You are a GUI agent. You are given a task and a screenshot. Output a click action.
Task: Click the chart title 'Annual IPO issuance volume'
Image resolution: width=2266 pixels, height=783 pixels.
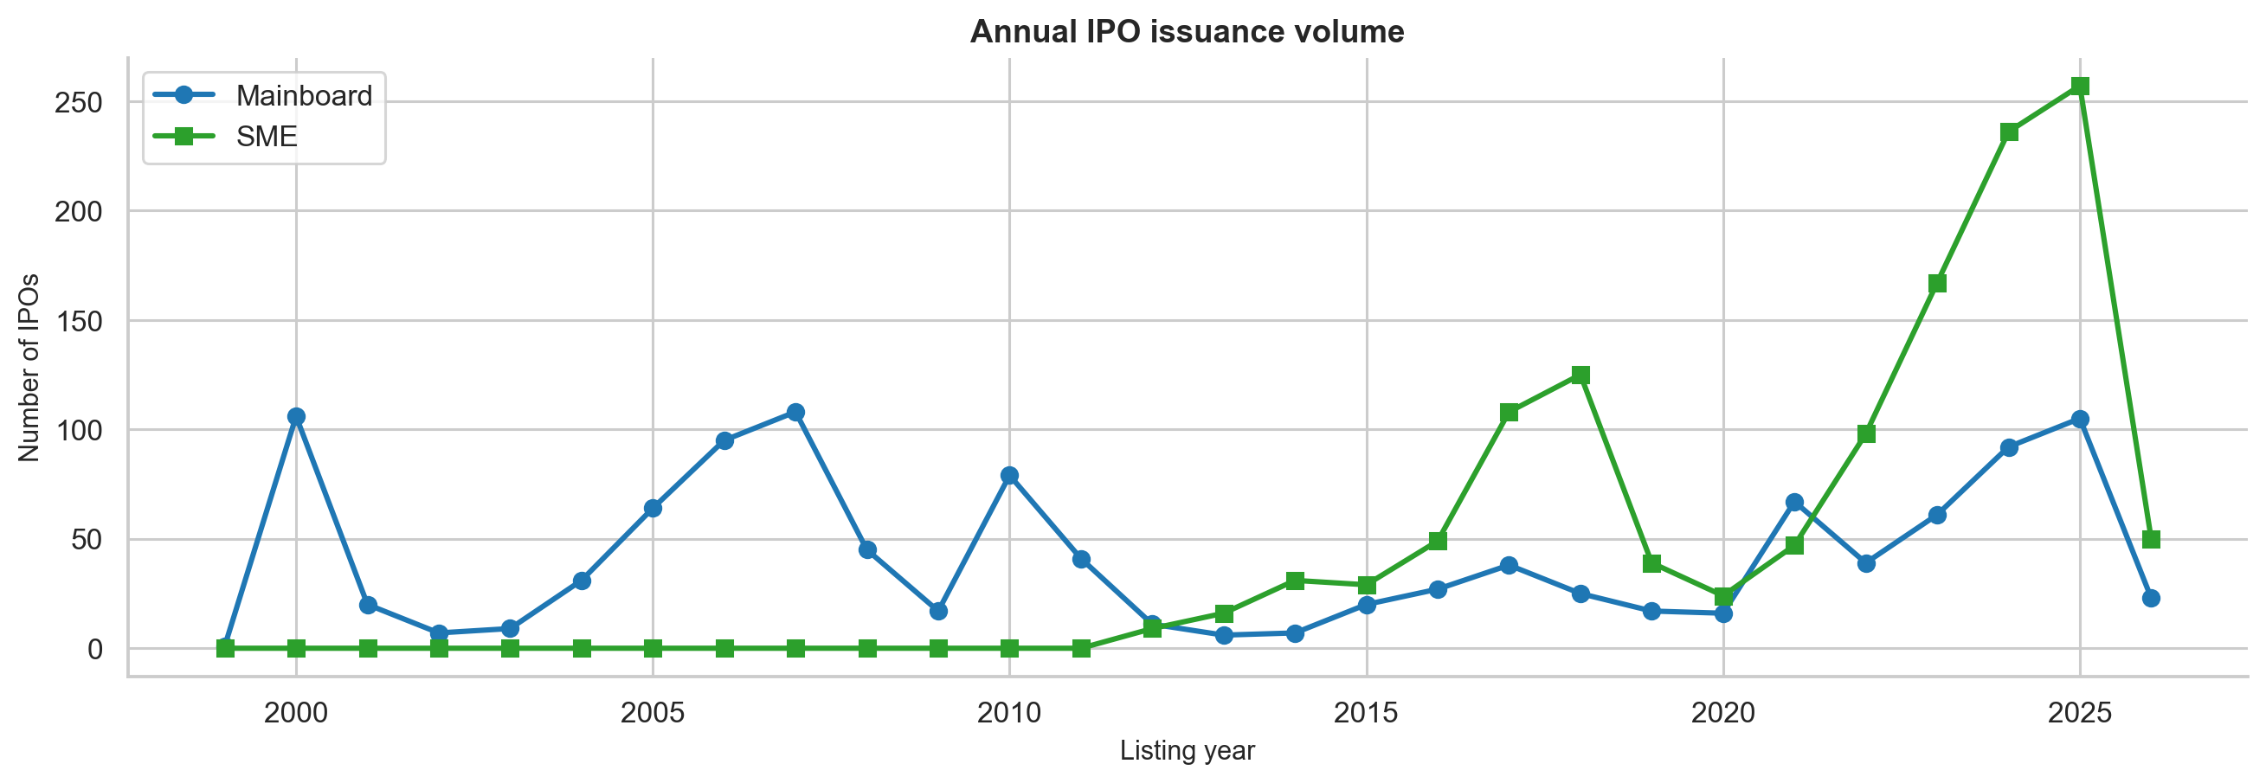[1187, 32]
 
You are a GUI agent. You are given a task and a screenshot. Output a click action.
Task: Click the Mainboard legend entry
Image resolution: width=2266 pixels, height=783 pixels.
[263, 95]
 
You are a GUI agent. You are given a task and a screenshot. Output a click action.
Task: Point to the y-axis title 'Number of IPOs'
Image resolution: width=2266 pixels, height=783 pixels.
[29, 368]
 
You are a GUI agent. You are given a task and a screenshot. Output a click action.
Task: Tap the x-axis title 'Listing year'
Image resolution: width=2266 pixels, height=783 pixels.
[1187, 750]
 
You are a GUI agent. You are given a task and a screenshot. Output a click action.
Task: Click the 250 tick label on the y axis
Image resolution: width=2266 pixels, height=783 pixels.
[79, 102]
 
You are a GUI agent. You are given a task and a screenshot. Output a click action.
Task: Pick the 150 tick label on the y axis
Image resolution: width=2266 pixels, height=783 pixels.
[79, 321]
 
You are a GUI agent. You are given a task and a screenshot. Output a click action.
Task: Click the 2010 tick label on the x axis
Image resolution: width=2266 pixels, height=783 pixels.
[1009, 713]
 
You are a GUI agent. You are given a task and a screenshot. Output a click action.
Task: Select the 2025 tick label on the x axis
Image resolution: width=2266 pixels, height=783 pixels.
[2080, 713]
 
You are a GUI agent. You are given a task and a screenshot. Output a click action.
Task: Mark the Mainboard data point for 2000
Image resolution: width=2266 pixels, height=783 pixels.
[296, 417]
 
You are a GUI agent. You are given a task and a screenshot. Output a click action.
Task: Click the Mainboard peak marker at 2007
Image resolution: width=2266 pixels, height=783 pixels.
[795, 413]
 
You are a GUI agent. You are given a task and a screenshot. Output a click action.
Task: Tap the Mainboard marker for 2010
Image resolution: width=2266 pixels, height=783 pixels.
[1009, 476]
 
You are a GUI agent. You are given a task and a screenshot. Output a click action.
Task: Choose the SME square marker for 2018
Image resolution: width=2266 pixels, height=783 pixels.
[1580, 375]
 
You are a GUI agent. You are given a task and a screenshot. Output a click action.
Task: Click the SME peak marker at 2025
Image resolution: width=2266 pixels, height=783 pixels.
[2080, 87]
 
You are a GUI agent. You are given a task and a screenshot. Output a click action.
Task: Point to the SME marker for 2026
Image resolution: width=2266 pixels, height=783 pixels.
[2151, 539]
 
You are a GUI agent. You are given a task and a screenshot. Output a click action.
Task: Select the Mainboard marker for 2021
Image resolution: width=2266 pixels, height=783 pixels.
[1794, 503]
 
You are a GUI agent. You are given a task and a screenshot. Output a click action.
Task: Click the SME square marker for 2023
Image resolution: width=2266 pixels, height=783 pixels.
[1937, 283]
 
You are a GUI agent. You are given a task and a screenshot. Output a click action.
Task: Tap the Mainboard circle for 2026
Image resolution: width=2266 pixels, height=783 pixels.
[2151, 598]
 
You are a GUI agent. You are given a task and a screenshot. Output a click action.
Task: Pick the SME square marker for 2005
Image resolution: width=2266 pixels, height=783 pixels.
[653, 648]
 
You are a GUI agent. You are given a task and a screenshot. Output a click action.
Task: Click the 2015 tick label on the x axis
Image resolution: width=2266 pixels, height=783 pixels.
[1366, 713]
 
